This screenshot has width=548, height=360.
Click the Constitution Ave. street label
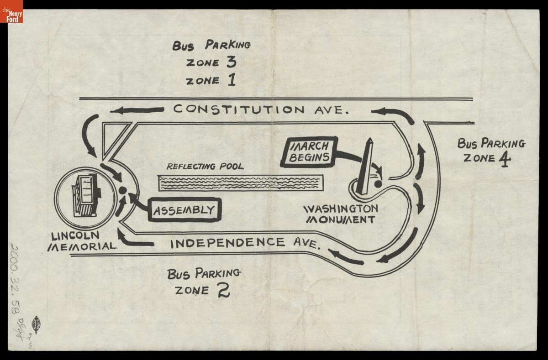click(261, 110)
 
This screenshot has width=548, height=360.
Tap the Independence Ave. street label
click(244, 243)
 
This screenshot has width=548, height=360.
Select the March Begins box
click(309, 152)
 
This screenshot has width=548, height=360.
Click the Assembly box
click(184, 210)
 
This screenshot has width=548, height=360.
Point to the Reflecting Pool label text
click(205, 167)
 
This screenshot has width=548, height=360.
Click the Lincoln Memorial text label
click(81, 241)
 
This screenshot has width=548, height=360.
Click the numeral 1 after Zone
click(231, 80)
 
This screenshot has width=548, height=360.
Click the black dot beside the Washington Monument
click(378, 184)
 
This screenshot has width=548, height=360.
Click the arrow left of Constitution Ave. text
click(137, 110)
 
